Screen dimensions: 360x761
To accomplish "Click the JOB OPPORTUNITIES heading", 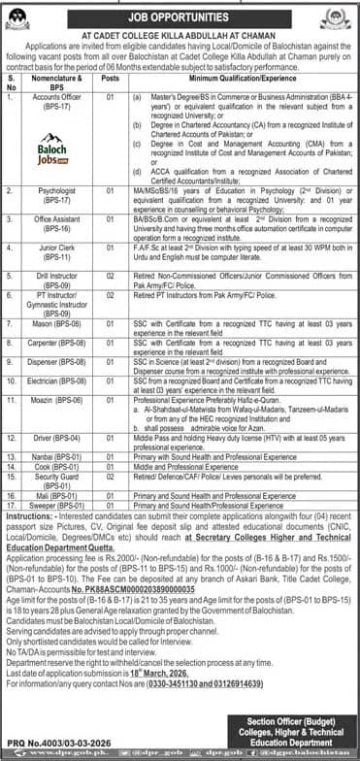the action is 180,14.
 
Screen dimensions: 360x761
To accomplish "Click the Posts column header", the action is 111,83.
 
